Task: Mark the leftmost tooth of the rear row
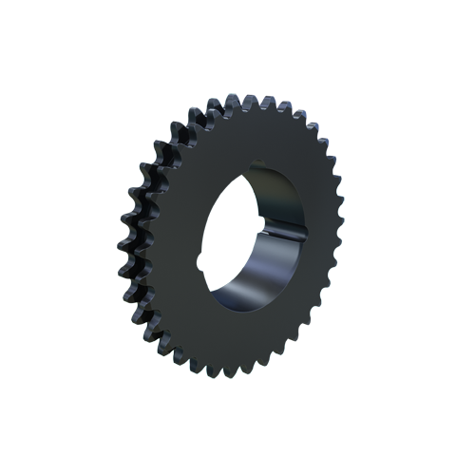click(126, 228)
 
